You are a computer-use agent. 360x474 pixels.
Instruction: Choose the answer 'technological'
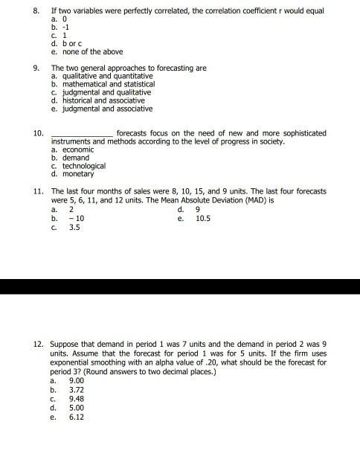coord(82,165)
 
